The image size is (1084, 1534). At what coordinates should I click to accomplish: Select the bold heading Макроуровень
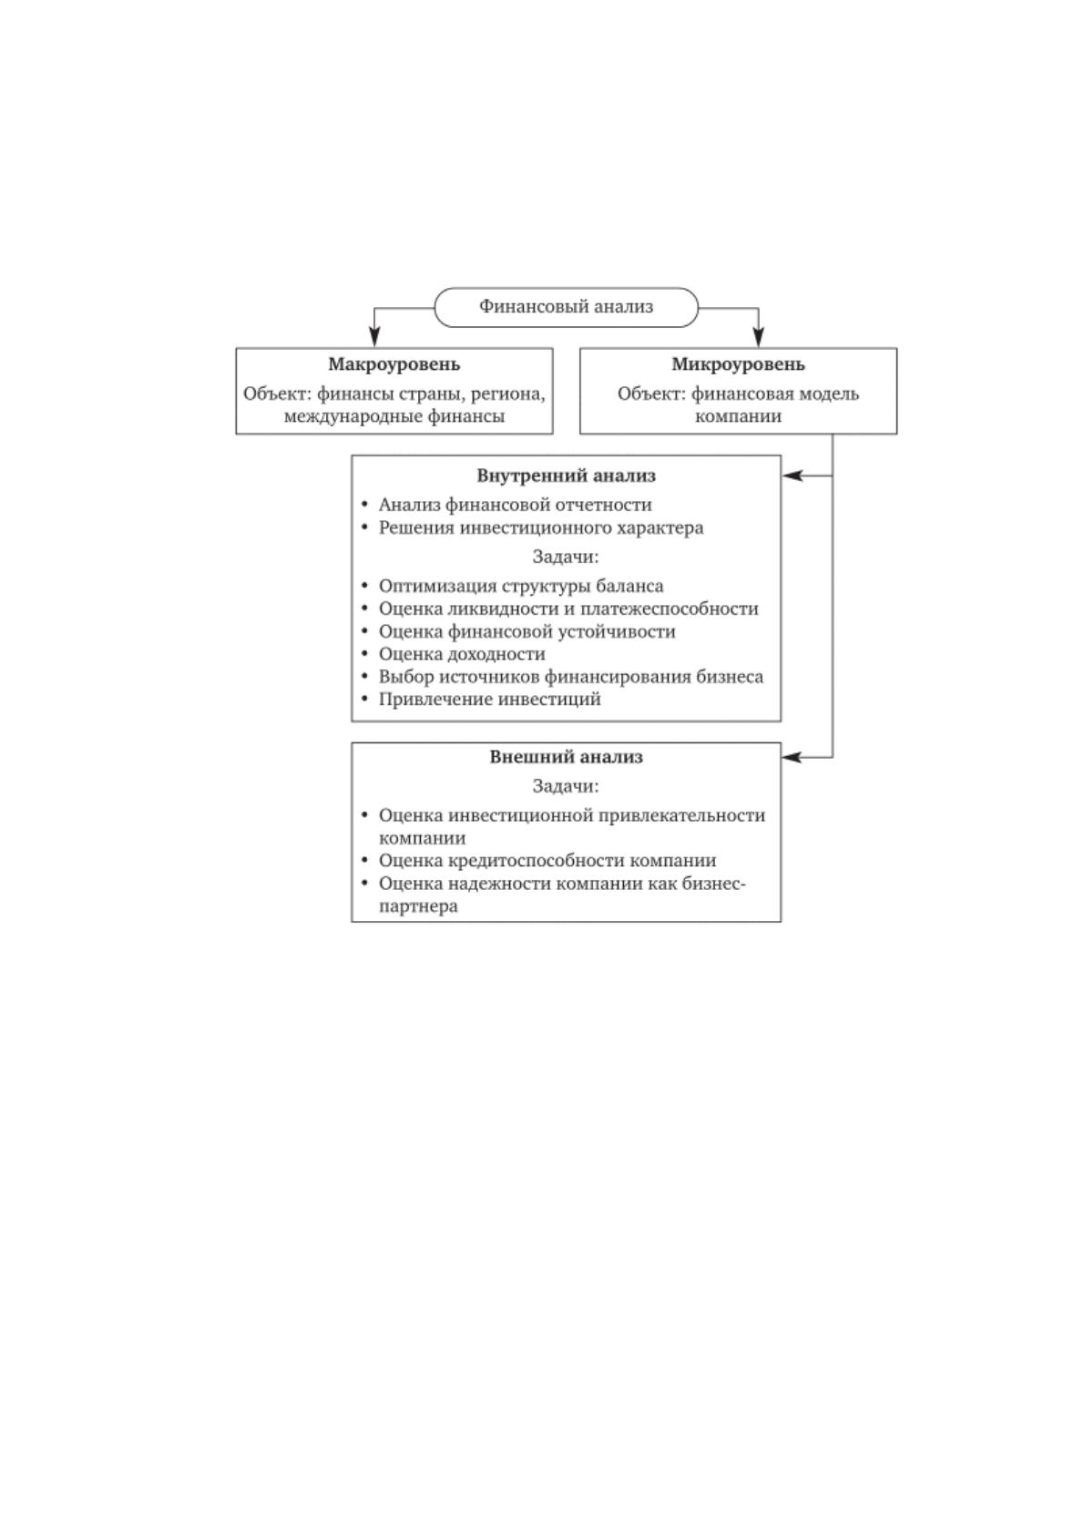point(394,364)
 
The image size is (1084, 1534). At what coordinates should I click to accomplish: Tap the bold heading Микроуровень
point(738,364)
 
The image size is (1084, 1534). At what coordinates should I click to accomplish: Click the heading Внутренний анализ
point(566,476)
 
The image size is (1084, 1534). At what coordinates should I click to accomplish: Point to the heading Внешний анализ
point(566,757)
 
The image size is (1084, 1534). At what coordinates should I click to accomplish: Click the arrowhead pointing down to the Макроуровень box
point(373,337)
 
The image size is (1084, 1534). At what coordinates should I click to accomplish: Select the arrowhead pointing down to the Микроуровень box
point(758,337)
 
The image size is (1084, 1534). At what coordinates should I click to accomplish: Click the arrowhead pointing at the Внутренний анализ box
point(792,476)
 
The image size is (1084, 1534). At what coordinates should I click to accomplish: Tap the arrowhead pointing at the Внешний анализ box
point(792,757)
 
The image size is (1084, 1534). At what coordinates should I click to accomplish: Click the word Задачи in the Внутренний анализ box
point(566,557)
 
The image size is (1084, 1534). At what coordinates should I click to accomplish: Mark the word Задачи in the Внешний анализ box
point(566,786)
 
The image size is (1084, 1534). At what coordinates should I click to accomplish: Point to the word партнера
point(418,906)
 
